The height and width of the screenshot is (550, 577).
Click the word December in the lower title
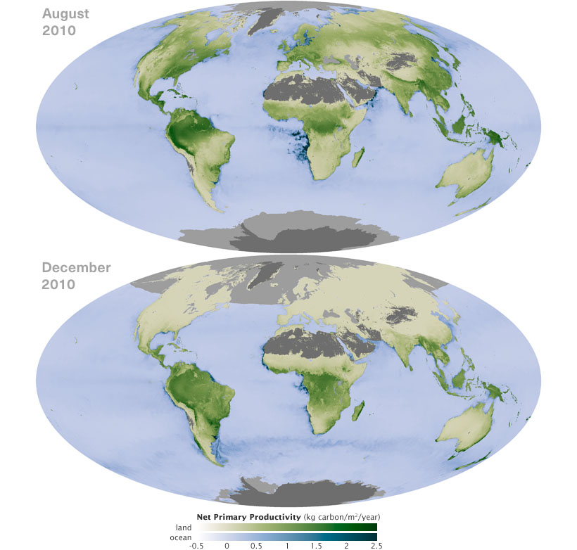click(76, 268)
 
